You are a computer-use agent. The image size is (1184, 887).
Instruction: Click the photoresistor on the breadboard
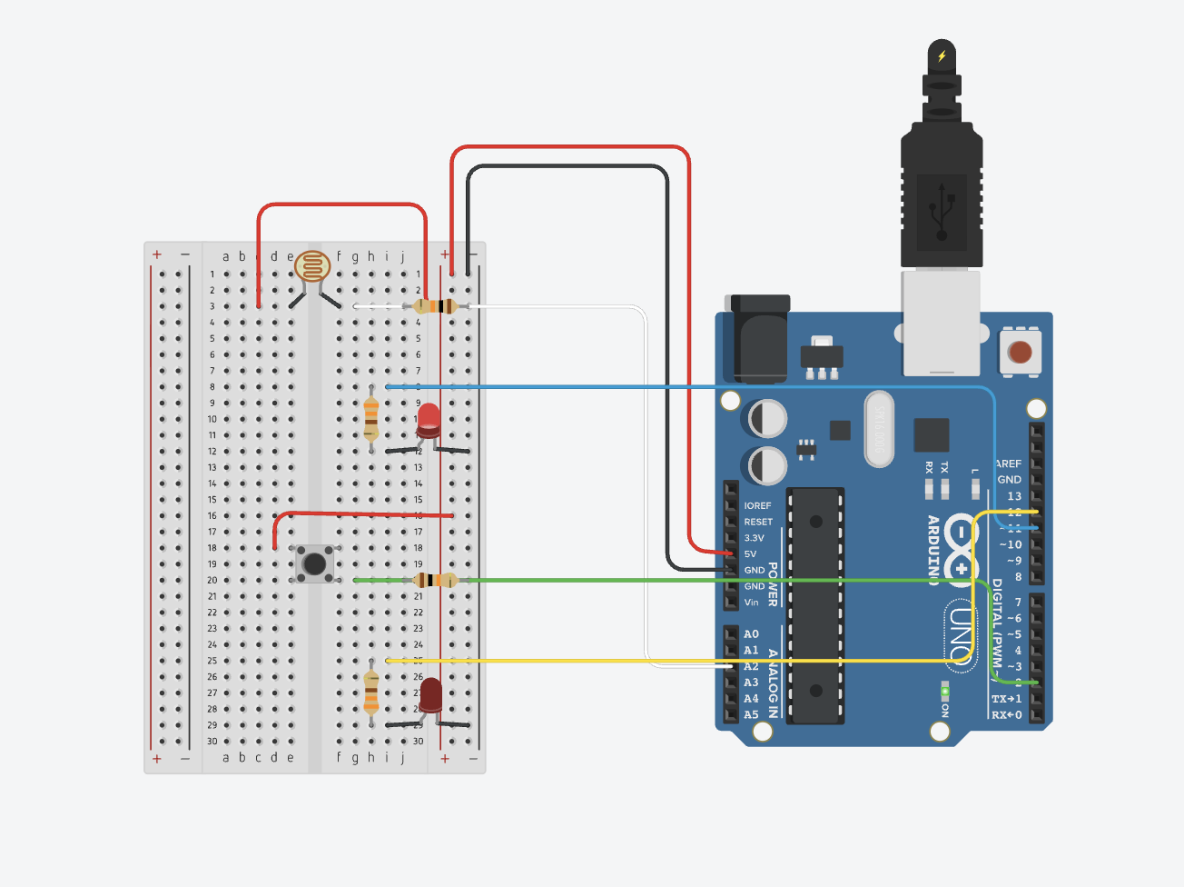pos(312,267)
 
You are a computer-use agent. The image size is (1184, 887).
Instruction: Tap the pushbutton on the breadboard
pos(314,564)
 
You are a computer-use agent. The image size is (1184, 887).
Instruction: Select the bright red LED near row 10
pos(429,419)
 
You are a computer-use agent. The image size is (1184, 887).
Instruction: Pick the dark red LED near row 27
pos(430,695)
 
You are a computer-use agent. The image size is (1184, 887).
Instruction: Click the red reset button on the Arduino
pos(1021,352)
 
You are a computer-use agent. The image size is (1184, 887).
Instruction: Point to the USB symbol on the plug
pos(942,211)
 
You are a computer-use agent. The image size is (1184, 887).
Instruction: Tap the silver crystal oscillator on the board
pos(878,428)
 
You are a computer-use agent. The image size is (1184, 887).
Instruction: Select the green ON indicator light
pos(945,693)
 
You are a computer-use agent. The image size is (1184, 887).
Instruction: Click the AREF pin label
pos(1009,463)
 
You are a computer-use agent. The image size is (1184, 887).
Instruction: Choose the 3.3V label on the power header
pos(755,538)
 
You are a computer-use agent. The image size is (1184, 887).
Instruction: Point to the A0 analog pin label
pos(751,634)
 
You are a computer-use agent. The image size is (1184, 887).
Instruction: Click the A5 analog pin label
pos(751,715)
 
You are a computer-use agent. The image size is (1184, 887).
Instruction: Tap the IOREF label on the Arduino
pos(757,505)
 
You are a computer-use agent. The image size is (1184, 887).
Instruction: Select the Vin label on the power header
pos(751,603)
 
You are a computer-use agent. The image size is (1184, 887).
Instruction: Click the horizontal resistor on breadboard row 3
pos(437,306)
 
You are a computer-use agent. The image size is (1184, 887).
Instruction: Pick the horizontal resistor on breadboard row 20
pos(436,580)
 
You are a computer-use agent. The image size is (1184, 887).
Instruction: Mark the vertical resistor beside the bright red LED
pos(370,417)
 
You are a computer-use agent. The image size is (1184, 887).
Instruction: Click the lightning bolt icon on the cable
pos(942,56)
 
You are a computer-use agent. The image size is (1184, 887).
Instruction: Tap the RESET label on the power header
pos(758,522)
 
